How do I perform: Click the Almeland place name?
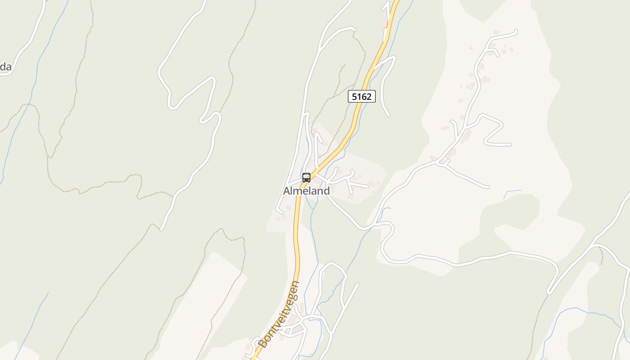click(x=306, y=191)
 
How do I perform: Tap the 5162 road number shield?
click(x=361, y=96)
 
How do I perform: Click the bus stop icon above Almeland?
click(x=306, y=177)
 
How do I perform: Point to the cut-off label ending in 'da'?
click(x=5, y=67)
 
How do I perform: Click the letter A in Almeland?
click(x=287, y=191)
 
